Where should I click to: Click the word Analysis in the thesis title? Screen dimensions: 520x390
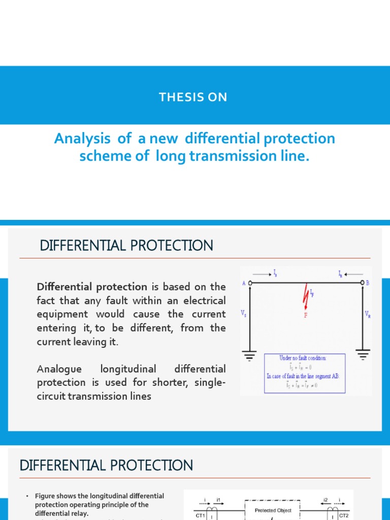[x=75, y=139]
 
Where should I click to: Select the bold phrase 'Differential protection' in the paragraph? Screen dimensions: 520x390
[x=92, y=286]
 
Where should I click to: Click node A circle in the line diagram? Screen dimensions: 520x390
[x=248, y=283]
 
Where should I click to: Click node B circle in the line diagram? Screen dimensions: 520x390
[x=363, y=283]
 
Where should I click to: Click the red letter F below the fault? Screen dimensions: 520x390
[x=306, y=314]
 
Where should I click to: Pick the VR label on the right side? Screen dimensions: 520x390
[x=367, y=315]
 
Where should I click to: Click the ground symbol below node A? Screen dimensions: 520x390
[x=249, y=356]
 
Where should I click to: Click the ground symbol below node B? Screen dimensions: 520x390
[x=363, y=356]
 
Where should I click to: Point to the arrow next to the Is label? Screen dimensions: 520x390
[x=263, y=274]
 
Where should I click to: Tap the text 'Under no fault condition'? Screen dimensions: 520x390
[x=305, y=358]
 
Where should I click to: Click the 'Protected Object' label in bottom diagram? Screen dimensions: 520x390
[x=273, y=510]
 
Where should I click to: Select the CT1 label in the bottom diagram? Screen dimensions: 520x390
[x=201, y=515]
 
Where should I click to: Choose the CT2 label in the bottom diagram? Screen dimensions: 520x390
[x=343, y=515]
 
